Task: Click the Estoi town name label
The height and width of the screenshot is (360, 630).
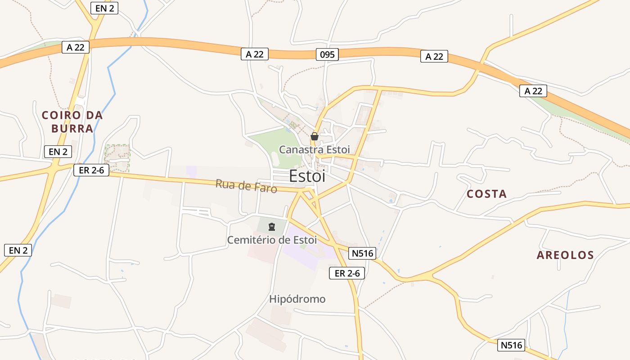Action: [x=307, y=176]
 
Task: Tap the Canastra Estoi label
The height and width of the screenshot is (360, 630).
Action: [x=314, y=149]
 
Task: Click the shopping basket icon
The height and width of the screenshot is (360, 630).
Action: [x=315, y=136]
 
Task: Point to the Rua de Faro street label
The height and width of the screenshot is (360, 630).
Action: [x=246, y=185]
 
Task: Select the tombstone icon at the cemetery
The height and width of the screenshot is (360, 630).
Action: [x=272, y=226]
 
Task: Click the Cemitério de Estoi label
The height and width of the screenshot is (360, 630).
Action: [x=272, y=240]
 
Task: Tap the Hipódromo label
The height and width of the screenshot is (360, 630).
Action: [x=297, y=299]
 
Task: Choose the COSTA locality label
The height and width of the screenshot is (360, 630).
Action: [x=486, y=194]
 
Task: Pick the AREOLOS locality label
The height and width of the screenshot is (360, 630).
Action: [x=565, y=255]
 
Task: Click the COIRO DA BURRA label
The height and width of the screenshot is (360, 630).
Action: [x=72, y=121]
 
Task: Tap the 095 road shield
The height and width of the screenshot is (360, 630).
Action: [x=327, y=54]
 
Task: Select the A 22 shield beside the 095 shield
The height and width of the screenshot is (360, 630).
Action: [x=255, y=54]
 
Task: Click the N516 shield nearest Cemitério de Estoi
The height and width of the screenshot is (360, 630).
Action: [x=363, y=253]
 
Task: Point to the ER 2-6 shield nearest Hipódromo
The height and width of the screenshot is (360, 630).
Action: [x=346, y=273]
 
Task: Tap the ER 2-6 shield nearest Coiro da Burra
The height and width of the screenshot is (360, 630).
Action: [x=91, y=170]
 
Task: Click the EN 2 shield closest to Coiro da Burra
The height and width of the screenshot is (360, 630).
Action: [x=58, y=152]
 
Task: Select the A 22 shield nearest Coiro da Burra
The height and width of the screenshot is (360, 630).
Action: [x=76, y=47]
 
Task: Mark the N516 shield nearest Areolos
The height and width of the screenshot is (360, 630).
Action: [x=512, y=345]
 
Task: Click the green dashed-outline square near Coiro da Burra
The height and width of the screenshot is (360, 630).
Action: [x=117, y=158]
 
